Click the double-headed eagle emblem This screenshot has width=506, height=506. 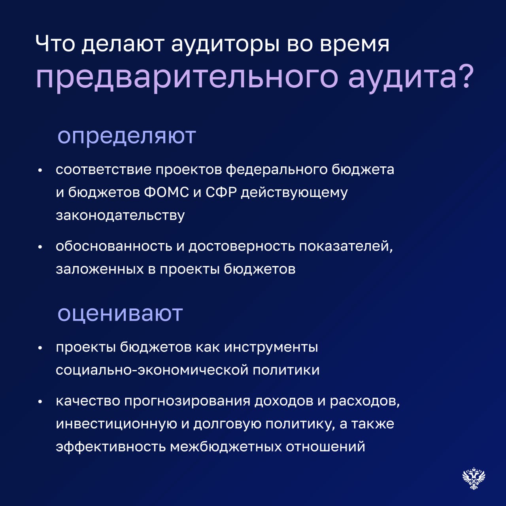coord(474,478)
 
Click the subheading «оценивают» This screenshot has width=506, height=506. coord(120,314)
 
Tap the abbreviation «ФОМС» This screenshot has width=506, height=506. coord(166,193)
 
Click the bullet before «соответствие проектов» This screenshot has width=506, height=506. coord(40,170)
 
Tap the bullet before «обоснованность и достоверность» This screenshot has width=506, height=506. coord(40,247)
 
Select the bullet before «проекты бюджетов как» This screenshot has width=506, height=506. coord(40,348)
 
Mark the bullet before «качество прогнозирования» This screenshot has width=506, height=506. coord(40,402)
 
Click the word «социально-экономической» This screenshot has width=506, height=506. coord(152,370)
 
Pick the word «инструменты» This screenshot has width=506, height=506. coord(271,348)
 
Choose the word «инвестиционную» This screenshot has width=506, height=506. coord(116,425)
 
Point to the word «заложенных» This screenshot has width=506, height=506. coord(100,270)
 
